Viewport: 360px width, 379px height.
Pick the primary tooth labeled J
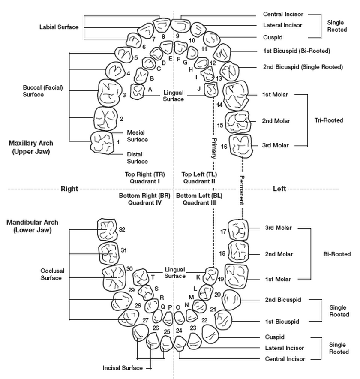point(211,90)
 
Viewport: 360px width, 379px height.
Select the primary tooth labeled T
point(141,278)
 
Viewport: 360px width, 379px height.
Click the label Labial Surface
point(59,27)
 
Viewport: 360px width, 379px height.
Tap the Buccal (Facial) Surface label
point(43,91)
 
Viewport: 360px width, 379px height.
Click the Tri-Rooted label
point(329,120)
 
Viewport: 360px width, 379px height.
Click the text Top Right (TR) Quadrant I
point(144,177)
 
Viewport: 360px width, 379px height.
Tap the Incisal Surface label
point(123,368)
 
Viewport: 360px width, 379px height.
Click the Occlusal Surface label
point(51,274)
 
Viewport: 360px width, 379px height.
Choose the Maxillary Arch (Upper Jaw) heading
point(33,147)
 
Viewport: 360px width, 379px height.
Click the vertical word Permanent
point(241,191)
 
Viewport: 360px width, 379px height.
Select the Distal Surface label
point(137,158)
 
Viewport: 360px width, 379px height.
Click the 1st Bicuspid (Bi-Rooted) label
point(296,51)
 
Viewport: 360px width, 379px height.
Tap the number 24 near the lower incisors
point(179,331)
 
